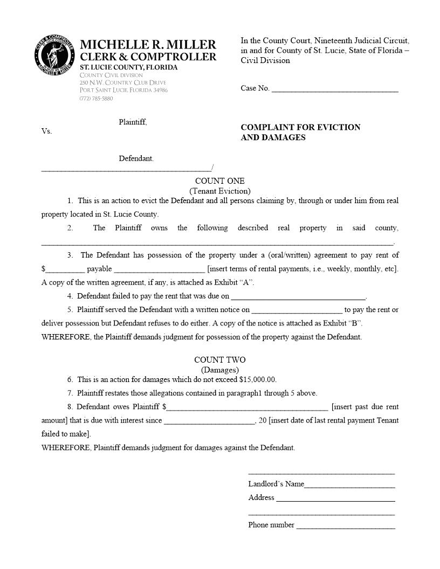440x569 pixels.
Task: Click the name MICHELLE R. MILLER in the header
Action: pyautogui.click(x=148, y=45)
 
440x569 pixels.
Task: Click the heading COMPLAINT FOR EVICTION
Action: pyautogui.click(x=300, y=127)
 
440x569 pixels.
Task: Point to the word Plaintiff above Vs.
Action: pyautogui.click(x=133, y=122)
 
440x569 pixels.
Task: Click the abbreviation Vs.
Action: pyautogui.click(x=46, y=131)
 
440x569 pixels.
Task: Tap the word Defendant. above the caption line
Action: pyautogui.click(x=136, y=158)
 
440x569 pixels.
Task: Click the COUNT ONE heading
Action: pyautogui.click(x=219, y=181)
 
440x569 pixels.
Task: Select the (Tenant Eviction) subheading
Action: pyautogui.click(x=219, y=191)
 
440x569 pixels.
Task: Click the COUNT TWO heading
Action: pyautogui.click(x=219, y=360)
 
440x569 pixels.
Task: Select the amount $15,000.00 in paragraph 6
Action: pyautogui.click(x=257, y=379)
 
